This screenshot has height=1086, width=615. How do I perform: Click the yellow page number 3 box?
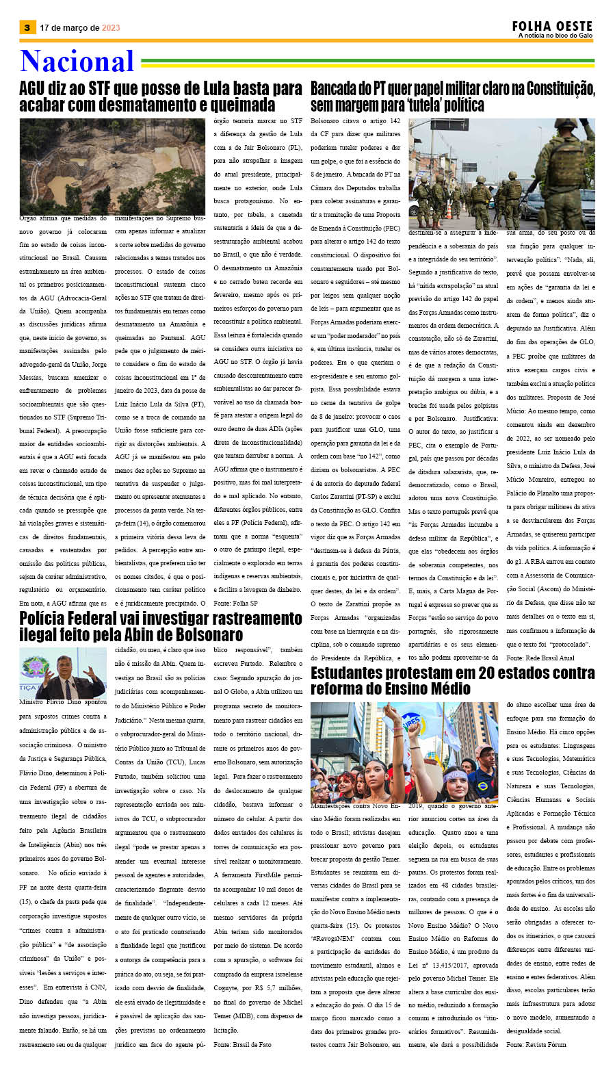tap(27, 27)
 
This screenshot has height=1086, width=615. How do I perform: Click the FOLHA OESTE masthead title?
tap(552, 26)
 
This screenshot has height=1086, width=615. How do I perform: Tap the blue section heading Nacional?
tap(77, 62)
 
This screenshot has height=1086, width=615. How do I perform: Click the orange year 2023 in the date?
tap(111, 28)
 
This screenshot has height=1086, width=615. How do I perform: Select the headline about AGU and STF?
tap(161, 96)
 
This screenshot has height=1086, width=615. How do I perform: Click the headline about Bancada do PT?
tap(452, 96)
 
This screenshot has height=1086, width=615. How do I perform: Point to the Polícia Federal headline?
tap(161, 625)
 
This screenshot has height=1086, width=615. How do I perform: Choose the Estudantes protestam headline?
tap(452, 680)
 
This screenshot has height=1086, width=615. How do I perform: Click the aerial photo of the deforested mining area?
tap(112, 166)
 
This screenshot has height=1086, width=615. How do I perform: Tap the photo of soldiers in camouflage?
tap(501, 174)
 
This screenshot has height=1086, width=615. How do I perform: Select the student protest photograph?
tap(404, 751)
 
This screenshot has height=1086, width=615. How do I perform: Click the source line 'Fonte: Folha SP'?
tap(236, 604)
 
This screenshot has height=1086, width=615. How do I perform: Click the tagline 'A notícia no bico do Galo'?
tap(555, 36)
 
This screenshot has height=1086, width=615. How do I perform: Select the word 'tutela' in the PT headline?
tap(426, 105)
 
